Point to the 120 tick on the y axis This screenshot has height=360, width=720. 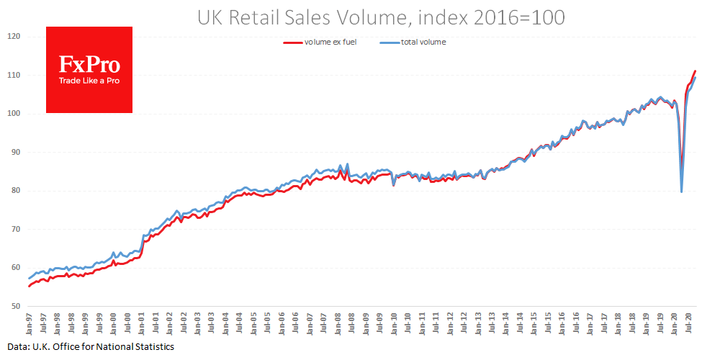14,37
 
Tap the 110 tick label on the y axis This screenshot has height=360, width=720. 14,76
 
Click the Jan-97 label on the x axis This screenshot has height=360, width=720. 30,323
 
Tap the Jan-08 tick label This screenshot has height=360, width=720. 338,323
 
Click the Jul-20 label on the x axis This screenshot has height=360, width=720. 689,323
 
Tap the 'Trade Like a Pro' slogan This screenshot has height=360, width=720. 89,81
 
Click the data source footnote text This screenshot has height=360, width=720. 89,347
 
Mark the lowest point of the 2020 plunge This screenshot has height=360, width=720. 682,192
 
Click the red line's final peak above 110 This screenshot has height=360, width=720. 696,71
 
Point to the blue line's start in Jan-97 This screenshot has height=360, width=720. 30,278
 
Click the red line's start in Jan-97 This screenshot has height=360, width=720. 30,286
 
